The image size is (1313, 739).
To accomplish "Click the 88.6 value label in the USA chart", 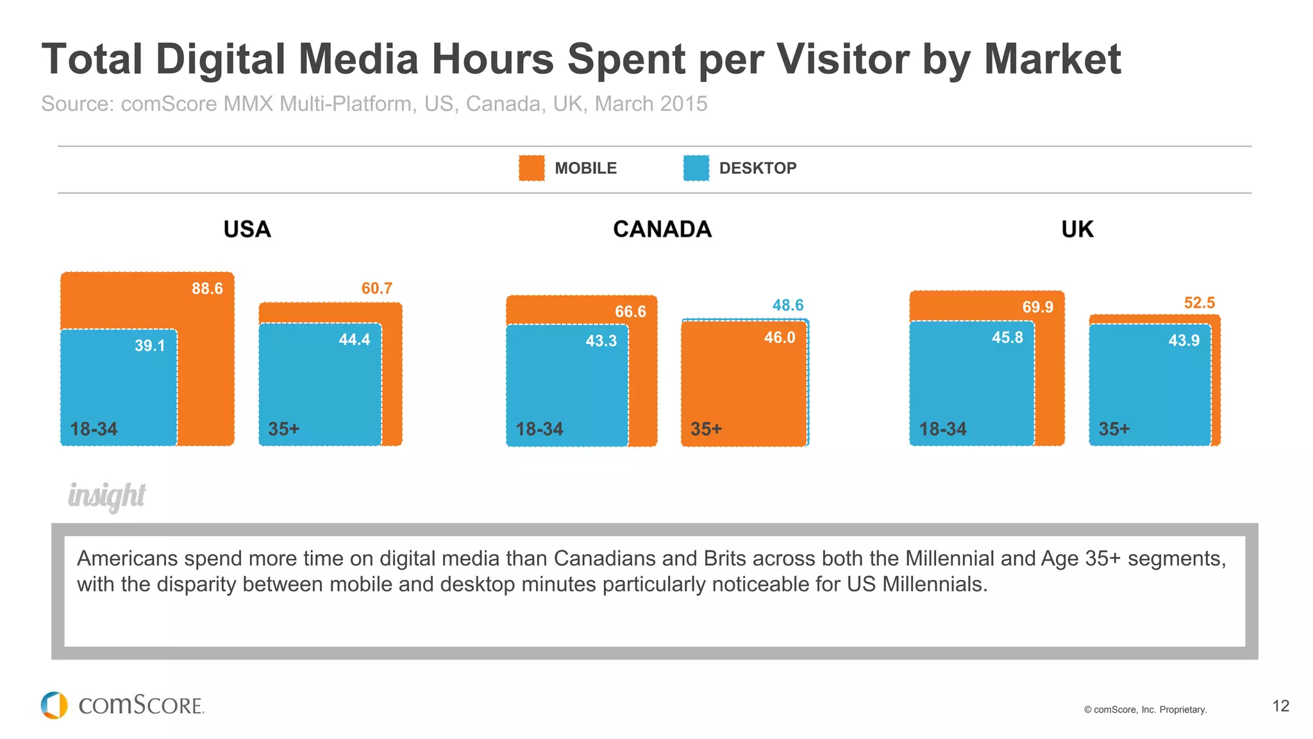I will click(207, 289).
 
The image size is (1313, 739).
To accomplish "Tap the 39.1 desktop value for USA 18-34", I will click(149, 346).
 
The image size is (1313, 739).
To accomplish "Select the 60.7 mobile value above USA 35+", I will click(376, 289).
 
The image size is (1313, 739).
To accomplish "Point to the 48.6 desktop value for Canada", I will click(787, 305).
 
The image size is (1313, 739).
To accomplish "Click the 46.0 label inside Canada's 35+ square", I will click(779, 337).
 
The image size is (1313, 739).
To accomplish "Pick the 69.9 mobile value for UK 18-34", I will click(1037, 307).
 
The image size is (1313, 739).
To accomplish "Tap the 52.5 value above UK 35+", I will click(1199, 303).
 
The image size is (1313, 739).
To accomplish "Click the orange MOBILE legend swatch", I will click(531, 168).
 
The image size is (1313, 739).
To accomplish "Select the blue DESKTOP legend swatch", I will click(696, 168).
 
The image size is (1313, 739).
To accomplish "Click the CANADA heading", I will click(662, 230).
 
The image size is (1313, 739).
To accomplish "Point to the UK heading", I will click(1077, 230).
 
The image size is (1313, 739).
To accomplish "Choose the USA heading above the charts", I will click(247, 230).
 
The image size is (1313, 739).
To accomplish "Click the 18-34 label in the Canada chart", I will click(539, 429).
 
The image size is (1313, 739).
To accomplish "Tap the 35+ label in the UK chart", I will click(1114, 429).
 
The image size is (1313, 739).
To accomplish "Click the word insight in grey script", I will click(107, 496).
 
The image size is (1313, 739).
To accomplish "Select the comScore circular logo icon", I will click(54, 705).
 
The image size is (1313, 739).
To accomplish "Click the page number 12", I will click(1280, 706).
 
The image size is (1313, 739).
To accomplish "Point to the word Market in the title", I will click(1052, 59).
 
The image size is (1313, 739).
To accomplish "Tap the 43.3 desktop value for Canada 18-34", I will click(601, 341).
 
